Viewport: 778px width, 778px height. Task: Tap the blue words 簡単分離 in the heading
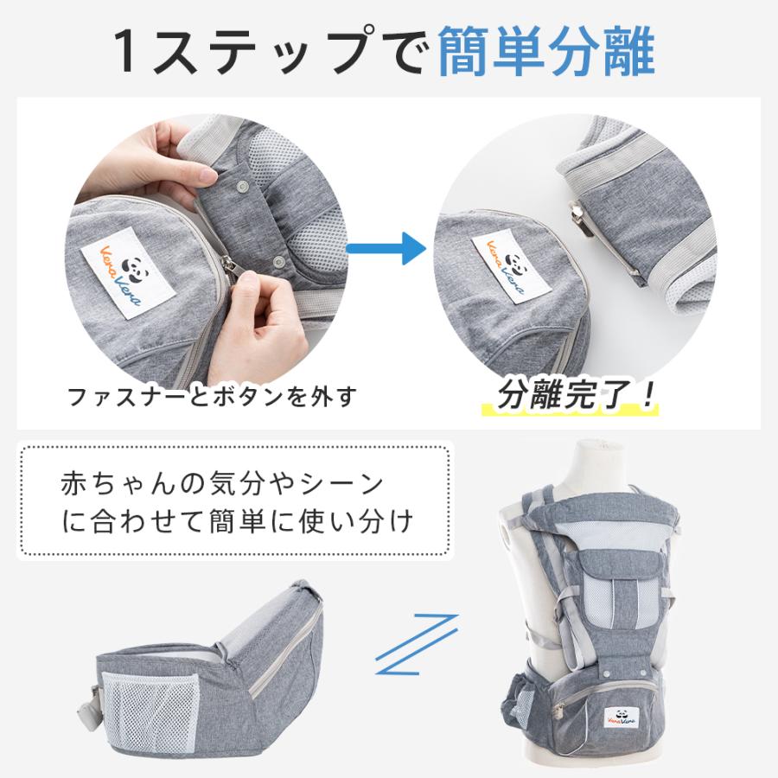point(546,54)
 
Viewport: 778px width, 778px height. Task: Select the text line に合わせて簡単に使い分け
point(235,522)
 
